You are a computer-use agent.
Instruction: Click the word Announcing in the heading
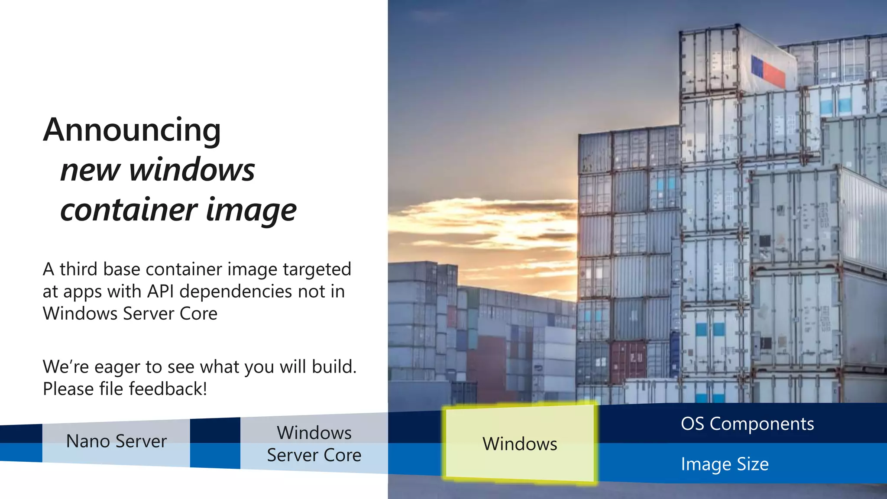click(x=132, y=130)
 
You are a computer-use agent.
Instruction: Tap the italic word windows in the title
click(x=192, y=170)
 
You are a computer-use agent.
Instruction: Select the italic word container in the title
click(x=129, y=210)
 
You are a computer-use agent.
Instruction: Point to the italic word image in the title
click(x=251, y=211)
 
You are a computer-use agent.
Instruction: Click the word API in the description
click(x=160, y=292)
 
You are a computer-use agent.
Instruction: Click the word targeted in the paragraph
click(x=317, y=269)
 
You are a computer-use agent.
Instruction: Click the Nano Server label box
click(x=116, y=441)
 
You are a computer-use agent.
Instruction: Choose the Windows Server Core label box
click(x=314, y=444)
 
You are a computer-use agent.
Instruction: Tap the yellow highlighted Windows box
click(x=520, y=444)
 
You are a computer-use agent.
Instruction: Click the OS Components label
click(x=747, y=424)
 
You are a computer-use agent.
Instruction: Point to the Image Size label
click(x=725, y=464)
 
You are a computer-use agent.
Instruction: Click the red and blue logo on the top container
click(x=767, y=72)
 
